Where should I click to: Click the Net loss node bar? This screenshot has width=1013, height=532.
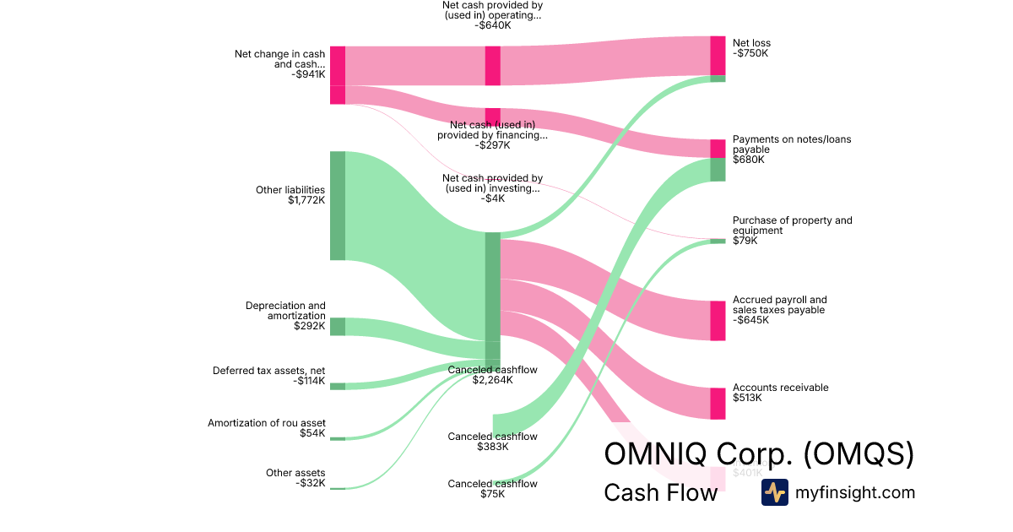pos(718,57)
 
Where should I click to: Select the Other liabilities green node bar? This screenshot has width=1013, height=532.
pos(337,205)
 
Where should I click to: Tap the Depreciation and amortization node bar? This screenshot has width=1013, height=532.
pos(337,326)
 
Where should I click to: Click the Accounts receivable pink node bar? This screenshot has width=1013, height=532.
pos(718,403)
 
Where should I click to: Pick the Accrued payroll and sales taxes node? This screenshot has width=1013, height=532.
pos(718,320)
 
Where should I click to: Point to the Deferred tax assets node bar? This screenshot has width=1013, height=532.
pos(337,386)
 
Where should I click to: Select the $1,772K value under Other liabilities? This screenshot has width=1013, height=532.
pos(306,201)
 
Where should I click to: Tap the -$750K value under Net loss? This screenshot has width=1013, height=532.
pos(750,54)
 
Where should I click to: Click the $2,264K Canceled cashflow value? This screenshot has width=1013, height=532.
pos(492,380)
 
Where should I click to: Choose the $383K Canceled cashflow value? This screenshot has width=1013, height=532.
pos(492,447)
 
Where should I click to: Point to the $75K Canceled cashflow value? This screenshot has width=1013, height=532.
pos(492,494)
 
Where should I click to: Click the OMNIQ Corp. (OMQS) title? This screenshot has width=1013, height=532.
pos(759,454)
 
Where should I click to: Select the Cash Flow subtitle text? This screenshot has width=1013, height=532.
pos(660,492)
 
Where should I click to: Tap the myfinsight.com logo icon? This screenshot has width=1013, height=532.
pos(774,492)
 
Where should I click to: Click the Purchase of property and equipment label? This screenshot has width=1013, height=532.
pos(792,225)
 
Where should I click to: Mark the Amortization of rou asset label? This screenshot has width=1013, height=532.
pos(266,423)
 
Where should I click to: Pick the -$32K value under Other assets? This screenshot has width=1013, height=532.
pos(309,484)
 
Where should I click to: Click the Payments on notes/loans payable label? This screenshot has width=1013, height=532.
pos(791,144)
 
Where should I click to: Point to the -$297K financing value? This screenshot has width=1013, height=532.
pos(492,145)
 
